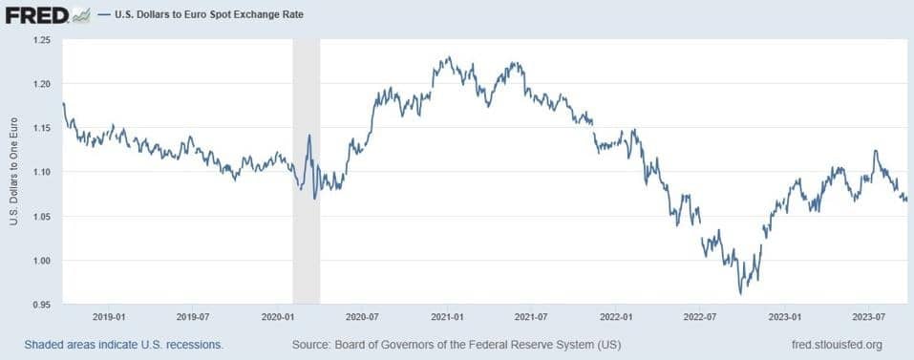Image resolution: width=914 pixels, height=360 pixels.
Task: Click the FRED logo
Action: pos(36,16)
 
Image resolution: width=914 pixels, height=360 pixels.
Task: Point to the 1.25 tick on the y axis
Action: pos(43,40)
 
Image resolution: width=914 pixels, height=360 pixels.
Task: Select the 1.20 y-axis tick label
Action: pos(43,84)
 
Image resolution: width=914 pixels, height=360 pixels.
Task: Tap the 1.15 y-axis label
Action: pos(43,128)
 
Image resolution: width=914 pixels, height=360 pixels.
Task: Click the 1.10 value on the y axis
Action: pos(43,172)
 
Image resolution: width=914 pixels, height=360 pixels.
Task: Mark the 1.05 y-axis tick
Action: pos(43,217)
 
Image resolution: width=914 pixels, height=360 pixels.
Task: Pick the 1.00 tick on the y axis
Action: pos(43,261)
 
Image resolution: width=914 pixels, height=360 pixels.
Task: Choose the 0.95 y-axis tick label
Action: pos(43,305)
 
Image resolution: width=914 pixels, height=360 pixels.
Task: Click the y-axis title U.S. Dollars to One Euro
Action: pos(13,172)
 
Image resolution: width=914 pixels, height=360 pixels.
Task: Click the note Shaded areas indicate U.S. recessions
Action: pos(124,345)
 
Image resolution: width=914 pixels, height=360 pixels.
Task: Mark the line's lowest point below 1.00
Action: pos(740,292)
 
